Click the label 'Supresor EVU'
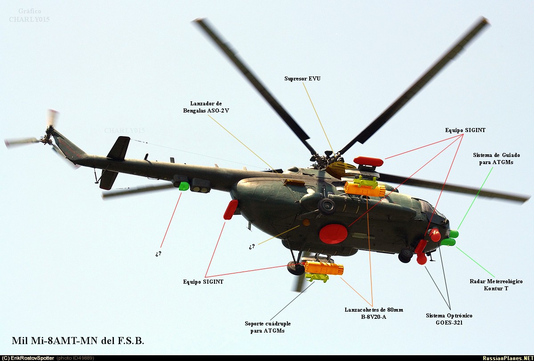302,79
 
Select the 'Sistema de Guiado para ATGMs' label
496,159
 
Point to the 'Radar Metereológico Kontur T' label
496,285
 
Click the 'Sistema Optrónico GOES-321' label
449,319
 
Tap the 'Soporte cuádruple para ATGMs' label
267,327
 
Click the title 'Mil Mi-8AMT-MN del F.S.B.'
78,341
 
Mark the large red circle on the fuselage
333,234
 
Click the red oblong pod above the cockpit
368,161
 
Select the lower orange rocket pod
324,268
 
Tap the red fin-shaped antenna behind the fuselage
231,209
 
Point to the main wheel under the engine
326,206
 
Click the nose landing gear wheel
405,255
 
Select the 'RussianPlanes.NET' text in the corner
507,358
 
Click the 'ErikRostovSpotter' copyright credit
28,358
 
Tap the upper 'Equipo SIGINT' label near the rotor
465,130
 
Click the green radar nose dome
448,242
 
